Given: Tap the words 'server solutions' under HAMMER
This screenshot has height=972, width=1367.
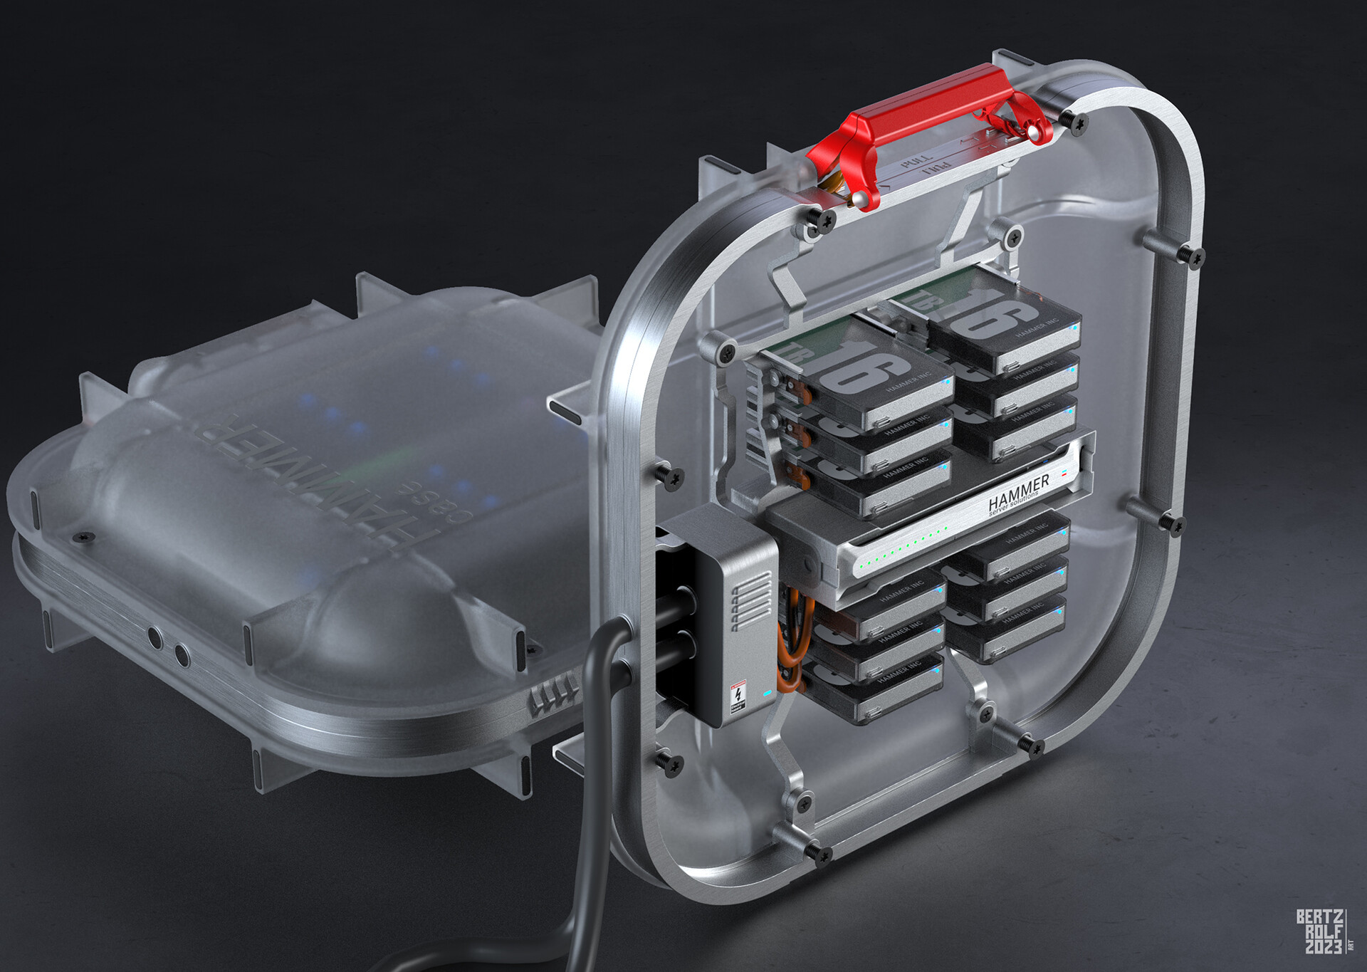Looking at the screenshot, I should [x=1018, y=507].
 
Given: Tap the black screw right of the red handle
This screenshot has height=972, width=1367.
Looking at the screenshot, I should [x=1079, y=122].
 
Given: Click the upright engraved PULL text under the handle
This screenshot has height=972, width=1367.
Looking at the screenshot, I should [x=915, y=160].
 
